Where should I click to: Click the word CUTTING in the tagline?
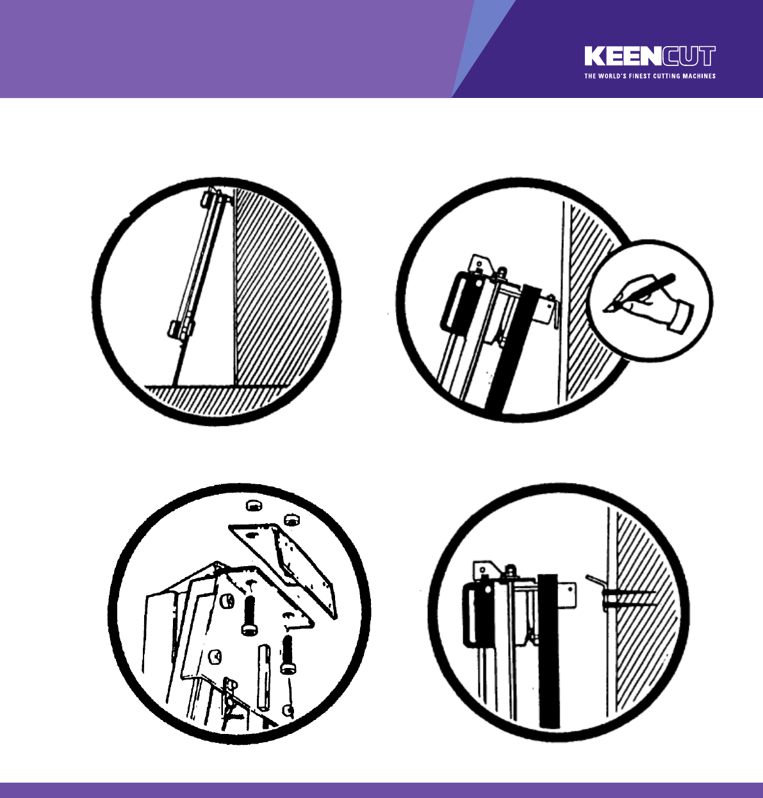667,76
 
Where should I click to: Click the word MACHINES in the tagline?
699,76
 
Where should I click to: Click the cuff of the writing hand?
681,317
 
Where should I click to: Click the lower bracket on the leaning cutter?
181,328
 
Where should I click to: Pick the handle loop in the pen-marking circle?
455,302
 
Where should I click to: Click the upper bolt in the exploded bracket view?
249,615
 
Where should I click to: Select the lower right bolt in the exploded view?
288,654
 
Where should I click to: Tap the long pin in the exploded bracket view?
263,676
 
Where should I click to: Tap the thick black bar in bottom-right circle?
548,651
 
